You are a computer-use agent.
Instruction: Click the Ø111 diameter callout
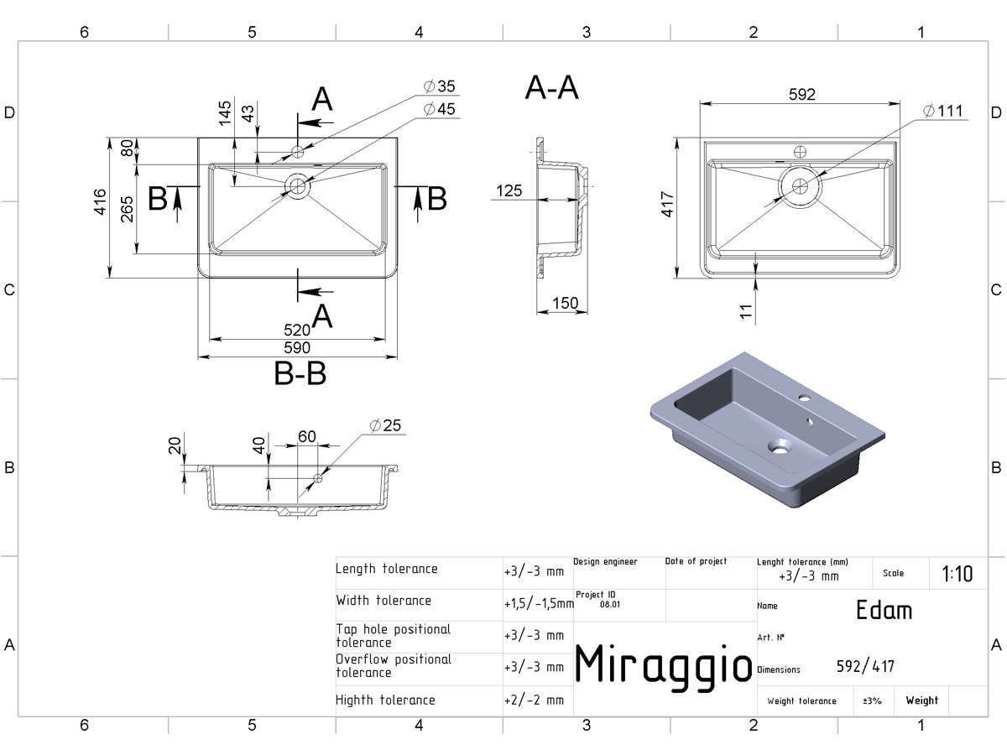coord(942,111)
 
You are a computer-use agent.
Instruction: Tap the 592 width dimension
coord(802,95)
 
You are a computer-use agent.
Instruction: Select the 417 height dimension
coord(667,205)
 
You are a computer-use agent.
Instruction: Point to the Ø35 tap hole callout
coord(439,86)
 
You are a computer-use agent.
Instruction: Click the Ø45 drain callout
coord(439,109)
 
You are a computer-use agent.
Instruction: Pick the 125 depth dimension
coord(509,190)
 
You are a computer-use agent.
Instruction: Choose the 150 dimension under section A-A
coord(566,303)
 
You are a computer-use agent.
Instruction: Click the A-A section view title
coord(552,87)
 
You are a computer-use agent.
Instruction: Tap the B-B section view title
coord(300,373)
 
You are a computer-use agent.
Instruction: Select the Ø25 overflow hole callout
coord(385,425)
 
